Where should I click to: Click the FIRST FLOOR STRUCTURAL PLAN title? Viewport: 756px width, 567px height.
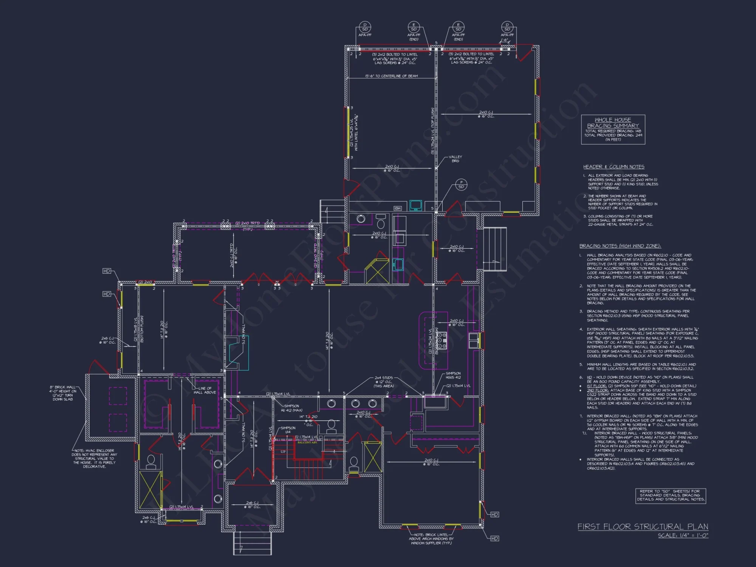coord(643,527)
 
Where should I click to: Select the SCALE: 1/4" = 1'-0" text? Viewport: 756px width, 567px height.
coord(683,536)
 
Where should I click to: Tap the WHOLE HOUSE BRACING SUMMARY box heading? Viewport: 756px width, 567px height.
coord(613,122)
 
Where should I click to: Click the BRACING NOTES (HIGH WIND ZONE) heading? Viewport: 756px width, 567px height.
coord(620,246)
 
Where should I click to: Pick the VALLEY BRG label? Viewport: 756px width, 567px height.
coord(455,159)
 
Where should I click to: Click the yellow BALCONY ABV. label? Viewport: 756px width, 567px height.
coord(307,442)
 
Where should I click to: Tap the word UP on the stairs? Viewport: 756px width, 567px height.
coord(283,452)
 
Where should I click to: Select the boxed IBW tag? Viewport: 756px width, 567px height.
coord(398,208)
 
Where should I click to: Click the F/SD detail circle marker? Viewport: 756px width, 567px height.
coord(461,184)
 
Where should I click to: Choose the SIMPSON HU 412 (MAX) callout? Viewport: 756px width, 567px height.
coord(291,408)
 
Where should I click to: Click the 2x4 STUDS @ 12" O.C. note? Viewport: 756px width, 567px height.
coord(384,382)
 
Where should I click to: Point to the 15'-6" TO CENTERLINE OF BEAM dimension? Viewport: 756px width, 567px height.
coord(391,76)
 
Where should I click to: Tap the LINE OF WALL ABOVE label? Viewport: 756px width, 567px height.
coord(204,390)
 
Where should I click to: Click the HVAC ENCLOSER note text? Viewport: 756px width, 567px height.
coord(94,459)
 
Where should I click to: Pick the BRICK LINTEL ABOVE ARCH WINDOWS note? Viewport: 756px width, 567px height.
coord(431,539)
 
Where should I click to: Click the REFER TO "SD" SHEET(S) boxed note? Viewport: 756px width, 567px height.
coord(670,495)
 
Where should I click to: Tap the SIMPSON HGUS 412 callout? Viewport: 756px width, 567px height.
coord(453,375)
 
